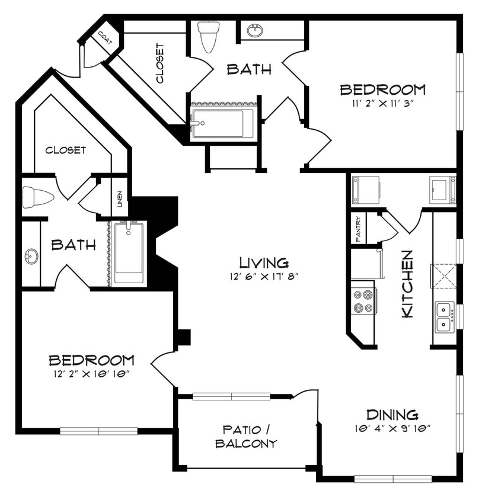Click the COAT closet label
[105, 38]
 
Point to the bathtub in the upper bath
[223, 123]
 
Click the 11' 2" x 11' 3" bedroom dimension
[382, 103]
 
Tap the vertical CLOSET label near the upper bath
[159, 62]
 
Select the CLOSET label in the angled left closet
[66, 150]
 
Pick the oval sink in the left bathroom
[31, 257]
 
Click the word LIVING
[264, 262]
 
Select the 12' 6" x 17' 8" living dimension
[264, 275]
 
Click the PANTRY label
[359, 228]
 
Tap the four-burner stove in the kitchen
[363, 300]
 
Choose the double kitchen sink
[444, 317]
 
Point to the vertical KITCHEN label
[408, 284]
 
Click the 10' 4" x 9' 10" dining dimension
[392, 427]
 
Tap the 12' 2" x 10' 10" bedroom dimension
[91, 373]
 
